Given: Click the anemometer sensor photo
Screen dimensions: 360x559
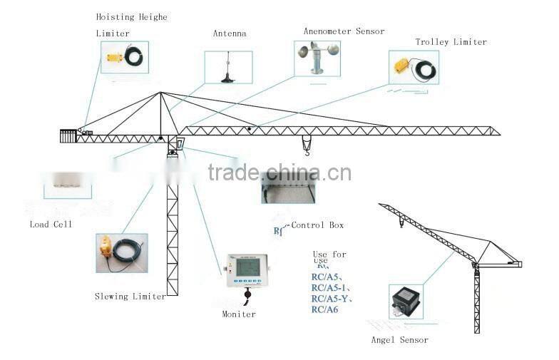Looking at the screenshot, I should tap(317, 58).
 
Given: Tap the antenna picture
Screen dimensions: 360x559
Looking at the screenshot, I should tap(228, 67).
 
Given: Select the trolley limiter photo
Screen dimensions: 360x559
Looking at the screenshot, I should tap(414, 68).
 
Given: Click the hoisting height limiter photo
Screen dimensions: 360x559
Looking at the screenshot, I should tap(124, 57).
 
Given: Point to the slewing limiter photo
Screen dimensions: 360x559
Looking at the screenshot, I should tap(122, 253).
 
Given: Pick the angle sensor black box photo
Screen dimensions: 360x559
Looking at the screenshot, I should tap(405, 302).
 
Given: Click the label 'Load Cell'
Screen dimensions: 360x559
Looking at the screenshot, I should tap(51, 224).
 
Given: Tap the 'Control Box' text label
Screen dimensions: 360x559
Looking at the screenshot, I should tap(317, 225).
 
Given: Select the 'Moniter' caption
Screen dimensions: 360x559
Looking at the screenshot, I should tap(239, 314).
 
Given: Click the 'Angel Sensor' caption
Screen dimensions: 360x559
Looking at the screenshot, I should tap(399, 340).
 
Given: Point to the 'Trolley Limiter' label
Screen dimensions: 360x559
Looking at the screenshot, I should tap(451, 42).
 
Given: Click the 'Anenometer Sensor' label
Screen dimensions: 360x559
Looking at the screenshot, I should tap(344, 31).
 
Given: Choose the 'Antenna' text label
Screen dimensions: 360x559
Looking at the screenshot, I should tap(229, 34).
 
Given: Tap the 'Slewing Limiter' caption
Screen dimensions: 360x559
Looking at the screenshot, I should tap(130, 296).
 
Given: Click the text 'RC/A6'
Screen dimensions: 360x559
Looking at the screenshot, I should tap(324, 309).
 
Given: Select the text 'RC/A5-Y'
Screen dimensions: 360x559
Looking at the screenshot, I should tap(331, 299).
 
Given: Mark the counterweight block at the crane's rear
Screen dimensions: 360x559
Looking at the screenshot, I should tap(68, 135).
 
